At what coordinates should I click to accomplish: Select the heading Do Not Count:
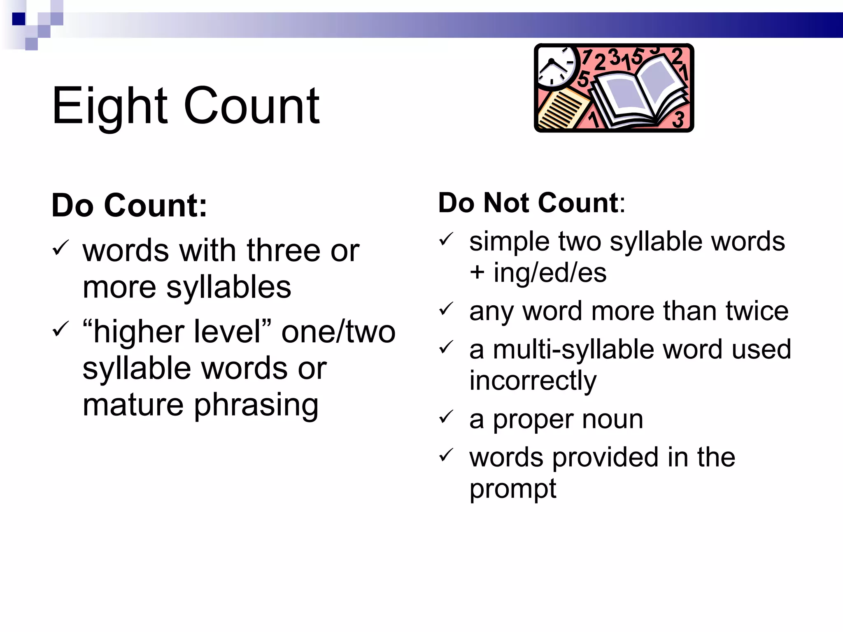point(531,203)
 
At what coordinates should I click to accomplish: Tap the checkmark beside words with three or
point(60,248)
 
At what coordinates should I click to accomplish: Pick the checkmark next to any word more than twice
point(446,309)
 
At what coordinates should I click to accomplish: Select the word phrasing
point(256,405)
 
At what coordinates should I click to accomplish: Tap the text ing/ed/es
point(550,272)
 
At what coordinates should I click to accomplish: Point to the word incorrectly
point(533,381)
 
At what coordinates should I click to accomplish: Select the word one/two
point(338,332)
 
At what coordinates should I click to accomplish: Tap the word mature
point(133,405)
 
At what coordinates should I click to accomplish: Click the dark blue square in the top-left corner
point(19,19)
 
